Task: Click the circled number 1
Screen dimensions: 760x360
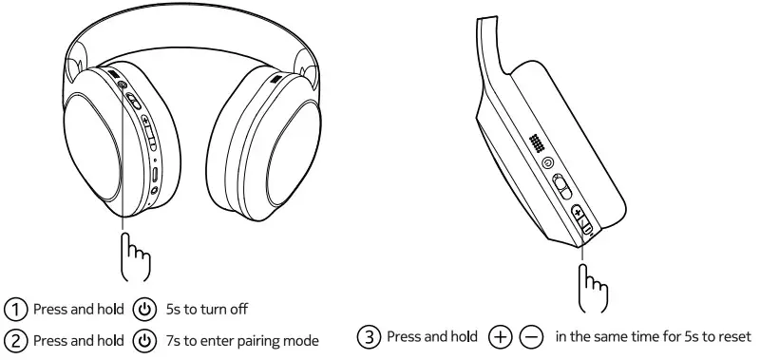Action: (17, 310)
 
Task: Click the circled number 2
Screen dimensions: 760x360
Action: (17, 340)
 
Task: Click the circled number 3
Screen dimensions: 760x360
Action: (369, 336)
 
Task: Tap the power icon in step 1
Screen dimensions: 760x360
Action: (144, 310)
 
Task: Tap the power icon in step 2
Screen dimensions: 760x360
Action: (144, 340)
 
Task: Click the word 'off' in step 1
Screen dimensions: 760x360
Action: (238, 310)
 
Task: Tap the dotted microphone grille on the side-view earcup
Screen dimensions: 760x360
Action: (538, 142)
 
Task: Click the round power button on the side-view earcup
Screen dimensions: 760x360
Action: (548, 162)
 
